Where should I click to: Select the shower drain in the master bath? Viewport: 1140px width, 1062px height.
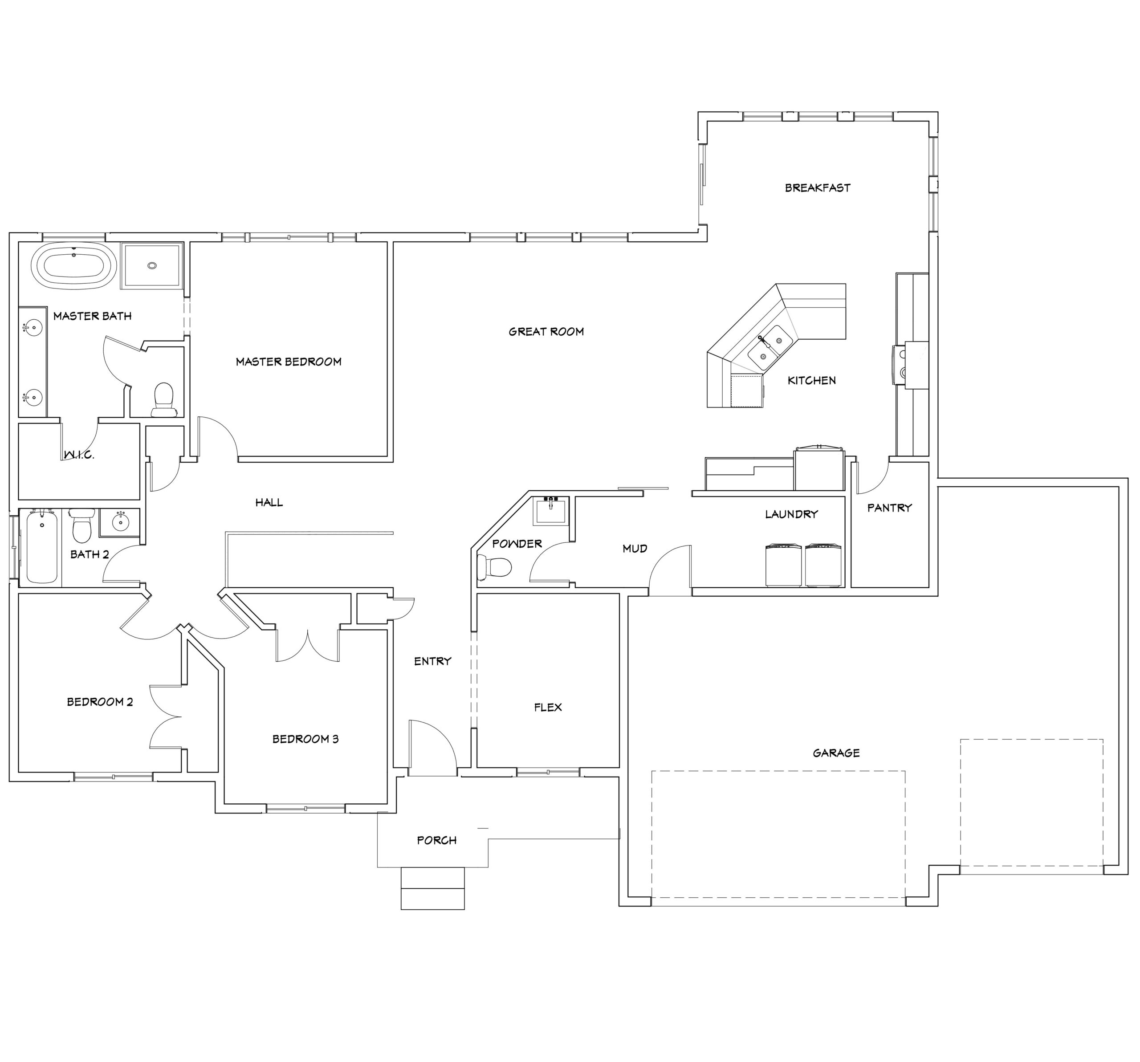pos(152,265)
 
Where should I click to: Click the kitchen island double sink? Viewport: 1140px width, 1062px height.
pos(770,347)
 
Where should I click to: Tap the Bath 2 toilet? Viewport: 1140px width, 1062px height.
pos(81,526)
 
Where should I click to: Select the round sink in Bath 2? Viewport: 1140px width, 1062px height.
pos(120,522)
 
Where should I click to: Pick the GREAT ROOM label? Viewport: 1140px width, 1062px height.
pos(546,331)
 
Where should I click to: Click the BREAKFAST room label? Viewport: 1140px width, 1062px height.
pos(818,187)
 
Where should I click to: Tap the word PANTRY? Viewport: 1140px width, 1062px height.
pos(889,508)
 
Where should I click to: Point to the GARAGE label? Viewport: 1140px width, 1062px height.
pos(836,753)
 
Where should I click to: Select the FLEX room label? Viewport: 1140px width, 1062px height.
pos(548,707)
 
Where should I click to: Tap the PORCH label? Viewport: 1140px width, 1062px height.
pos(436,840)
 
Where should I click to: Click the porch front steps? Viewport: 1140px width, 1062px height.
pos(432,888)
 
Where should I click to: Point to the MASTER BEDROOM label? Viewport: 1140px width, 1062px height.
pos(289,361)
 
